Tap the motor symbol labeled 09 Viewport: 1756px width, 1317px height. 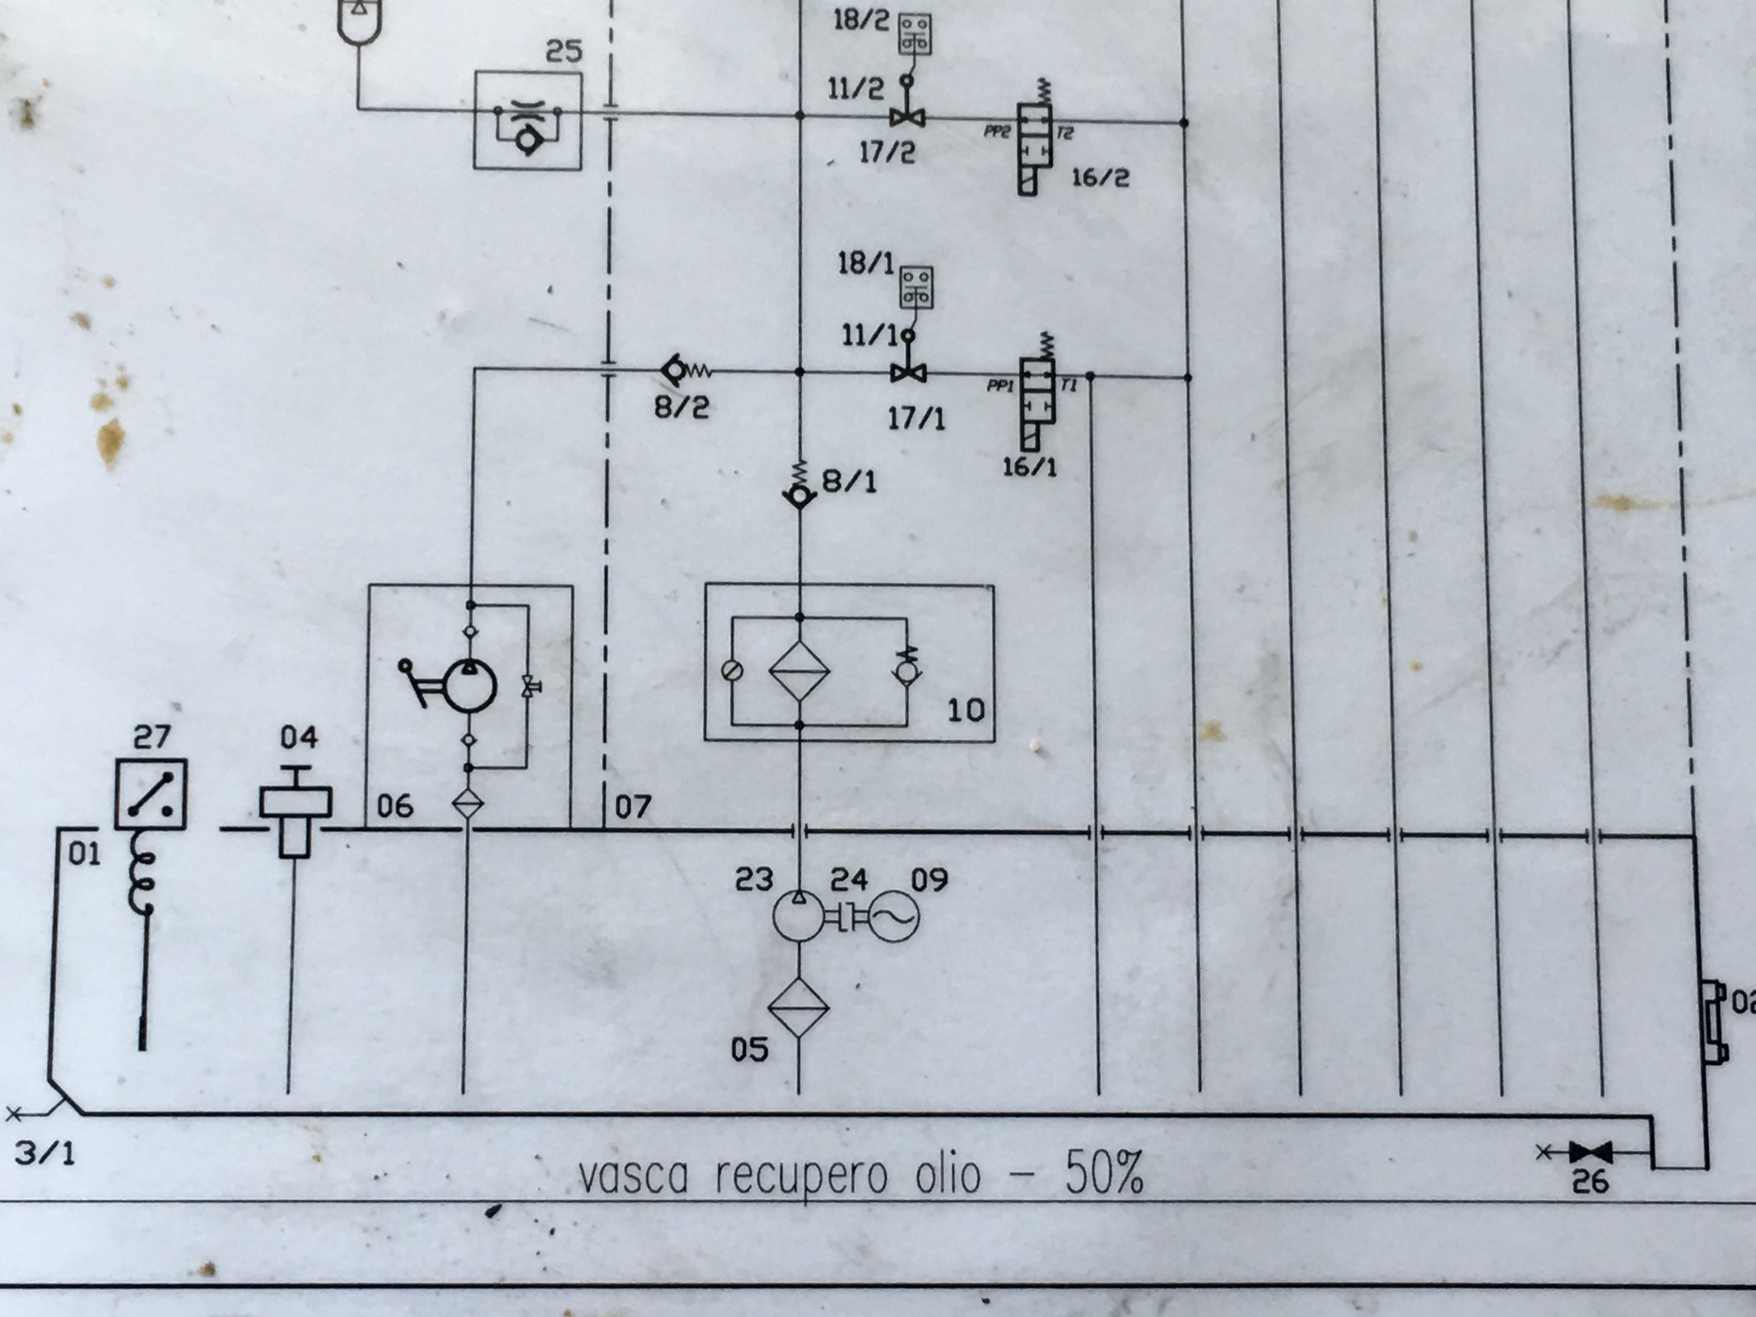click(x=894, y=916)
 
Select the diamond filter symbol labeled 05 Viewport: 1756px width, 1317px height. click(x=798, y=1007)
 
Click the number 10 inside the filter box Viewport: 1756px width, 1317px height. click(x=966, y=710)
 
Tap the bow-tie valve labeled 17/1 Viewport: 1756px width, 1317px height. click(x=907, y=373)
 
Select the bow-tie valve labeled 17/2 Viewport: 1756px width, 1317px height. click(x=906, y=119)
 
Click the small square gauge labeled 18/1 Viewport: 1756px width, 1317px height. click(x=915, y=287)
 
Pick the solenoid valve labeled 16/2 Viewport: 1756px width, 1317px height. click(x=1036, y=148)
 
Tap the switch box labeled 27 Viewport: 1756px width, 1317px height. click(x=151, y=793)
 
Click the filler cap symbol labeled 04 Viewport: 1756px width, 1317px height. click(x=296, y=810)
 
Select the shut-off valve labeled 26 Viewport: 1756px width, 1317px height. click(x=1590, y=1152)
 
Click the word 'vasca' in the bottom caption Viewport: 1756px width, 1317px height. click(x=632, y=1175)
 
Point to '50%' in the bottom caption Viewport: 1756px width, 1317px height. click(x=1104, y=1172)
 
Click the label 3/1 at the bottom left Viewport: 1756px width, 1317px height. click(x=45, y=1152)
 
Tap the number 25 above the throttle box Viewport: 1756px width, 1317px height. click(x=564, y=52)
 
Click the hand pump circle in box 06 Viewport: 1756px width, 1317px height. click(x=470, y=686)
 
